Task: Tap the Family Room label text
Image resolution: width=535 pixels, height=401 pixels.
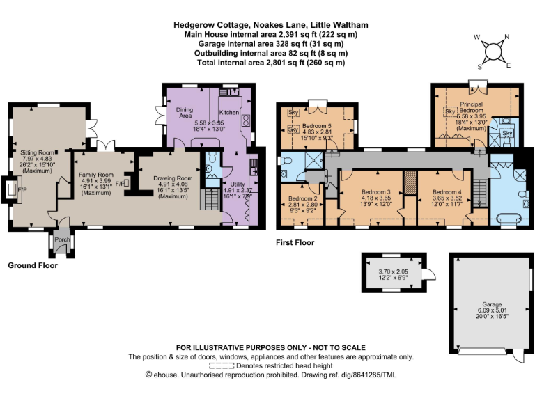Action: click(x=95, y=174)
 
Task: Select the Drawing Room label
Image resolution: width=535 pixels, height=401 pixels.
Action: click(x=172, y=178)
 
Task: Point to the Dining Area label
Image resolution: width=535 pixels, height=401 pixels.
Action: click(x=184, y=113)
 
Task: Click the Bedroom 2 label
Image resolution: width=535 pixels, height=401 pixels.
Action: click(x=303, y=198)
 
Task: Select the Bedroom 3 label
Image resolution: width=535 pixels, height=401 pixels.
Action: click(x=377, y=191)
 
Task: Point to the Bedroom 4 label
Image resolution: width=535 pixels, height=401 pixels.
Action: click(x=447, y=191)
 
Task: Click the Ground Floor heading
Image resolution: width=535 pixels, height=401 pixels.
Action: click(x=32, y=265)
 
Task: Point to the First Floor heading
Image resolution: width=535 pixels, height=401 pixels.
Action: click(x=295, y=243)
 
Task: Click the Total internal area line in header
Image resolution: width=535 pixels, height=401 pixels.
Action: click(x=271, y=63)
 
